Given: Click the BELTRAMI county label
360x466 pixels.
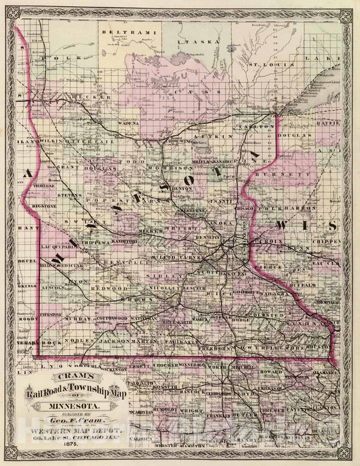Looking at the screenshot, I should pyautogui.click(x=120, y=31).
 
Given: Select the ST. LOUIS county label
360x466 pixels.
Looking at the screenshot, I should pyautogui.click(x=262, y=65).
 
